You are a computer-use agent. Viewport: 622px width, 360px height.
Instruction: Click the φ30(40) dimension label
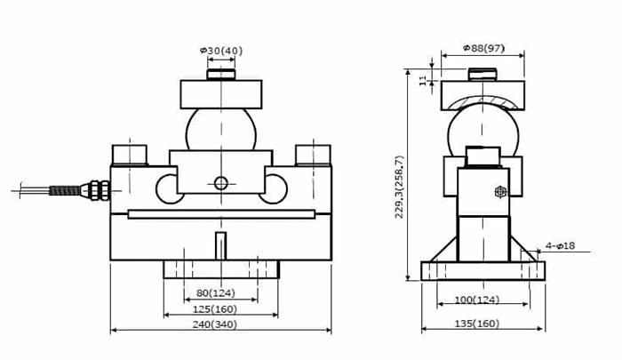point(221,51)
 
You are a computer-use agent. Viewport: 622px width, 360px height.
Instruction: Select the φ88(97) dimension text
point(483,48)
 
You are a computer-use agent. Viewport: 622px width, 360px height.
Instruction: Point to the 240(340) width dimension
point(215,324)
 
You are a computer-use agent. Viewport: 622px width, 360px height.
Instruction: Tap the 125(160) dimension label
point(215,308)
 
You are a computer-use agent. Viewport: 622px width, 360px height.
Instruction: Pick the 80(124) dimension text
point(216,293)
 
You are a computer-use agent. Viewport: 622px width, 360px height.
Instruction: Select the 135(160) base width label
point(476,324)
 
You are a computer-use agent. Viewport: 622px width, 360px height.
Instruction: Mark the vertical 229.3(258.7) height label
point(399,187)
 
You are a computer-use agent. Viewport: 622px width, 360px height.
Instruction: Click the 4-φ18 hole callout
point(560,245)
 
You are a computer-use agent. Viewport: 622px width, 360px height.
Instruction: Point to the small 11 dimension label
point(422,80)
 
